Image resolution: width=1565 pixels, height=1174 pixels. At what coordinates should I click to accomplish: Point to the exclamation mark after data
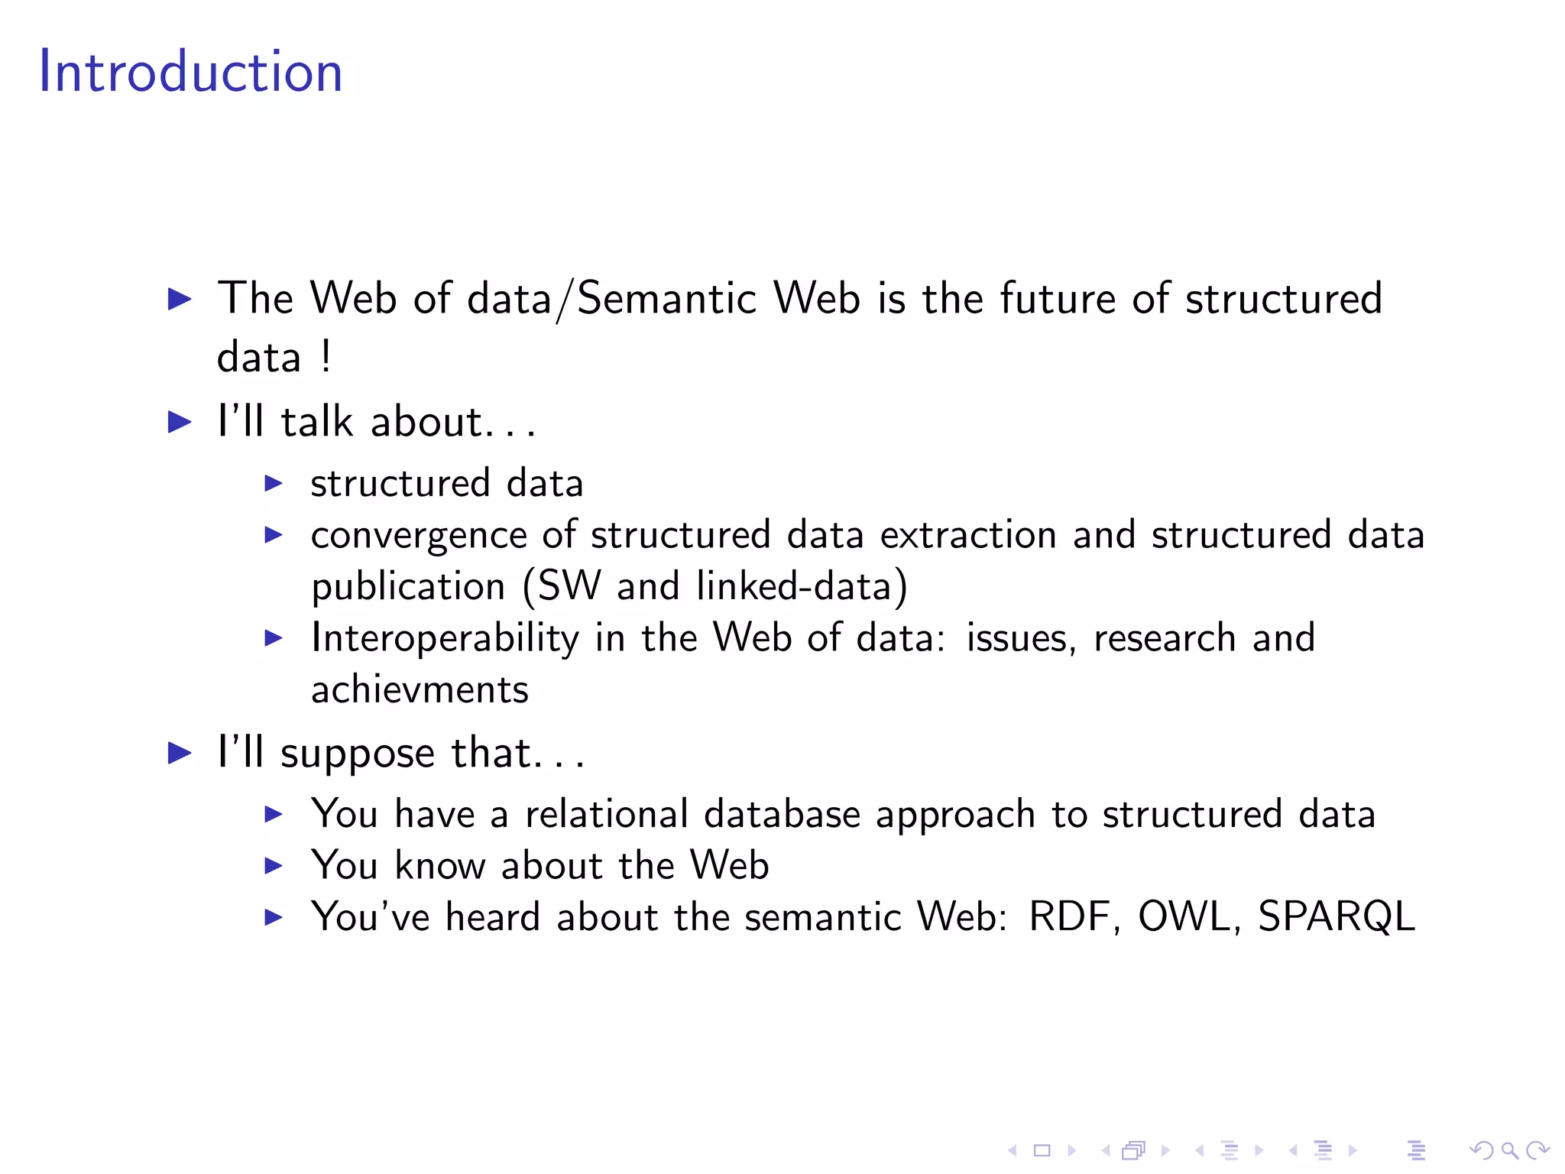click(x=326, y=356)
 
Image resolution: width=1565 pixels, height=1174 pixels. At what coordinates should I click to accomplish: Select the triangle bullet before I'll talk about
click(x=180, y=422)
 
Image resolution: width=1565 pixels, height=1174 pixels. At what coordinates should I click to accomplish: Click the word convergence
click(x=419, y=535)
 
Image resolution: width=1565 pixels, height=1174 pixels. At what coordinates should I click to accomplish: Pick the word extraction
click(x=967, y=534)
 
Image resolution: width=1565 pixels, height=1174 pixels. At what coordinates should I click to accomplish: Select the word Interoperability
click(x=446, y=638)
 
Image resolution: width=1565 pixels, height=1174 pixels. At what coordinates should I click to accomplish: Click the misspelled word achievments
click(x=420, y=689)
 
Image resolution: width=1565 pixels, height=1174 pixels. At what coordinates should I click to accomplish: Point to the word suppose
click(x=358, y=754)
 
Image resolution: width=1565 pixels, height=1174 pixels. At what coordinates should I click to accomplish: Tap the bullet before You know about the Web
click(x=274, y=866)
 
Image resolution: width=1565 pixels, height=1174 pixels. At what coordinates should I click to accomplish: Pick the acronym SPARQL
click(x=1336, y=916)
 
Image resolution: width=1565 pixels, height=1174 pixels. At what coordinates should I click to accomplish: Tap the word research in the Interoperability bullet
click(x=1164, y=638)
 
